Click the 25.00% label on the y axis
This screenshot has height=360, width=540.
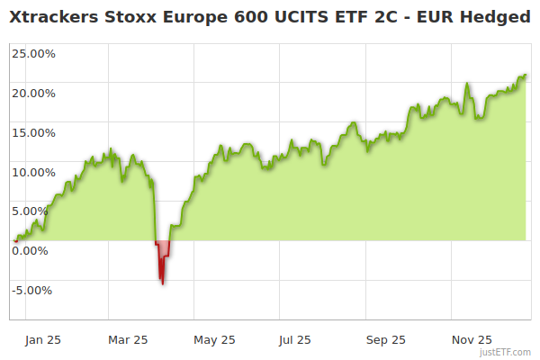click(x=33, y=53)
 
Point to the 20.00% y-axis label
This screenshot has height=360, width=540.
click(x=33, y=93)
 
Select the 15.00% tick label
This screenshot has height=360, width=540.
click(x=33, y=132)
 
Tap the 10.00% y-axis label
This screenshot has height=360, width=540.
click(x=33, y=172)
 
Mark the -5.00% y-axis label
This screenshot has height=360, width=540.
click(x=33, y=290)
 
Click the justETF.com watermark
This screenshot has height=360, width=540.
click(x=507, y=353)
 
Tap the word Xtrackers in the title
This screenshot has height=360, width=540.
click(x=56, y=17)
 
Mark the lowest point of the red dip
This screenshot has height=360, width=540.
click(x=162, y=284)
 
